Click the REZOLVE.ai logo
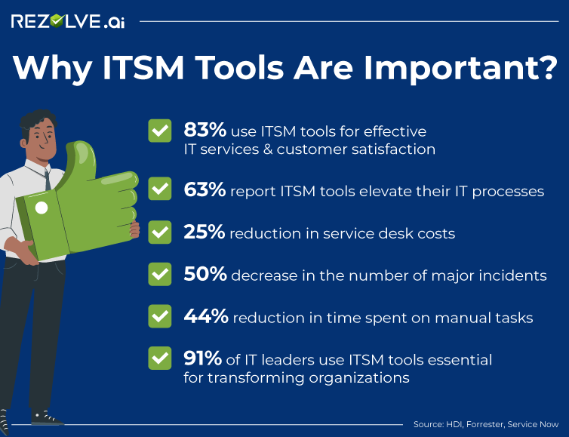(x=68, y=21)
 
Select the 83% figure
(x=204, y=130)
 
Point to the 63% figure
(x=205, y=190)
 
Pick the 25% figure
(x=204, y=232)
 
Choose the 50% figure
(x=205, y=275)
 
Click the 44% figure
(x=205, y=317)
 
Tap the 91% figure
(x=202, y=359)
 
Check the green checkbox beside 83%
(x=159, y=131)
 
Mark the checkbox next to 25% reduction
(x=159, y=232)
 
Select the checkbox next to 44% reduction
(x=159, y=316)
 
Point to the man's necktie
(x=48, y=178)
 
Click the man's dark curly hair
(x=38, y=121)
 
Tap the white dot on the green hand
(x=42, y=208)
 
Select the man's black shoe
(x=45, y=417)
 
